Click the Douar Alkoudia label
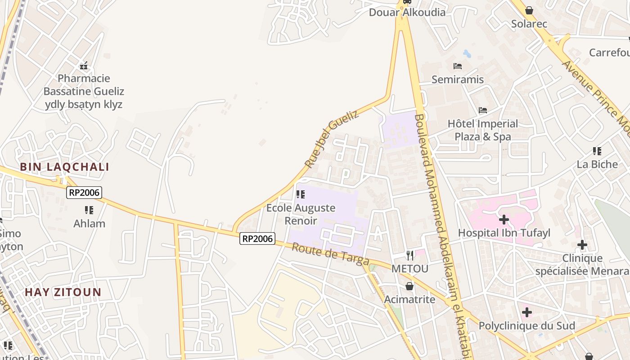pyautogui.click(x=407, y=12)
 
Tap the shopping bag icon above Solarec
pyautogui.click(x=529, y=10)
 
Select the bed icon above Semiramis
pyautogui.click(x=458, y=66)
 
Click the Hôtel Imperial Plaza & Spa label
pyautogui.click(x=482, y=130)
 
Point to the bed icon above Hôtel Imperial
pyautogui.click(x=483, y=110)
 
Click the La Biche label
pyautogui.click(x=597, y=164)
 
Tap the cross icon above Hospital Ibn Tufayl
pyautogui.click(x=504, y=220)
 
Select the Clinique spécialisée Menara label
pyautogui.click(x=582, y=265)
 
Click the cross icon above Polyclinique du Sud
pyautogui.click(x=526, y=312)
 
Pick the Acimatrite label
pyautogui.click(x=409, y=299)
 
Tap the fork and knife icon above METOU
pyautogui.click(x=409, y=256)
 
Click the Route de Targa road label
pyautogui.click(x=330, y=254)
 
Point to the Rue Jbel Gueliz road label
pyautogui.click(x=332, y=139)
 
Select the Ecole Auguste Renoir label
pyautogui.click(x=301, y=214)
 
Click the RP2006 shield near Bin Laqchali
pyautogui.click(x=84, y=193)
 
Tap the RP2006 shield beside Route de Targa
pyautogui.click(x=257, y=238)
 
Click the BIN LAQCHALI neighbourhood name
pyautogui.click(x=64, y=167)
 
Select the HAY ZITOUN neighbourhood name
pyautogui.click(x=63, y=292)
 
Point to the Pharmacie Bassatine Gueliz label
pyautogui.click(x=84, y=91)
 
